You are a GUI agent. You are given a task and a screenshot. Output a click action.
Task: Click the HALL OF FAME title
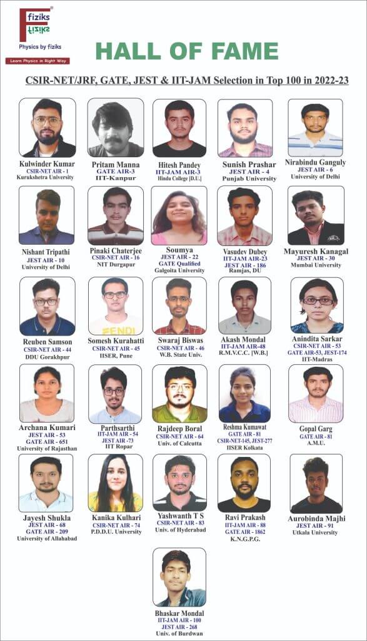187,51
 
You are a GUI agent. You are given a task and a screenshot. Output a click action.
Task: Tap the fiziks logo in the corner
35,26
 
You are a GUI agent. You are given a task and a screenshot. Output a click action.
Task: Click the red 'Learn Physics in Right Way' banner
37,61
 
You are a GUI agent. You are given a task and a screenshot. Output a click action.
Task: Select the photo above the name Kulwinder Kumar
48,128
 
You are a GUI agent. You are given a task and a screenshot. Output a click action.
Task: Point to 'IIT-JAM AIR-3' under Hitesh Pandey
179,172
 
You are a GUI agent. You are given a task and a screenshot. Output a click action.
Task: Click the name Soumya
179,249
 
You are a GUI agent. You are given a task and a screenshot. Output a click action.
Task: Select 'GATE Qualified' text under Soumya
179,264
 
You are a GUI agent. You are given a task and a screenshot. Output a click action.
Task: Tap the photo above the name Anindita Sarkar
316,305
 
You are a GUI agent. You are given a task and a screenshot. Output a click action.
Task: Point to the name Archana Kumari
47,428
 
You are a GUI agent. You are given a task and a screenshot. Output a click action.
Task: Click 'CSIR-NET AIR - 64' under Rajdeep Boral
179,436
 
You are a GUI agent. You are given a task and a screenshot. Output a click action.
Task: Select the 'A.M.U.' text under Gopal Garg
316,444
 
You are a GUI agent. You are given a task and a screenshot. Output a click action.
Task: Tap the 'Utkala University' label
316,533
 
